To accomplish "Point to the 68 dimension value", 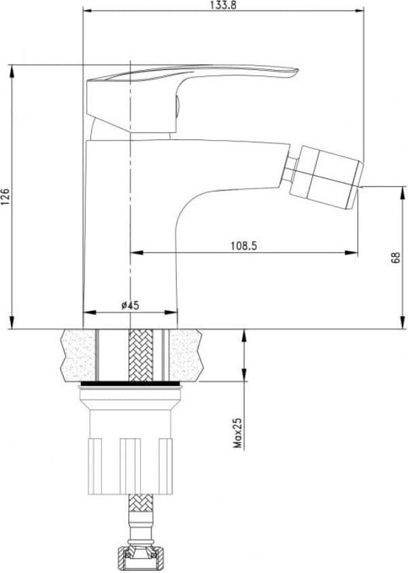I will tap(396, 257).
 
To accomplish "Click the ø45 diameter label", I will tap(130, 305).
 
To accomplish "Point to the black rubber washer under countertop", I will tap(131, 385).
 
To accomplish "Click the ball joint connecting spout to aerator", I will tap(289, 169).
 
